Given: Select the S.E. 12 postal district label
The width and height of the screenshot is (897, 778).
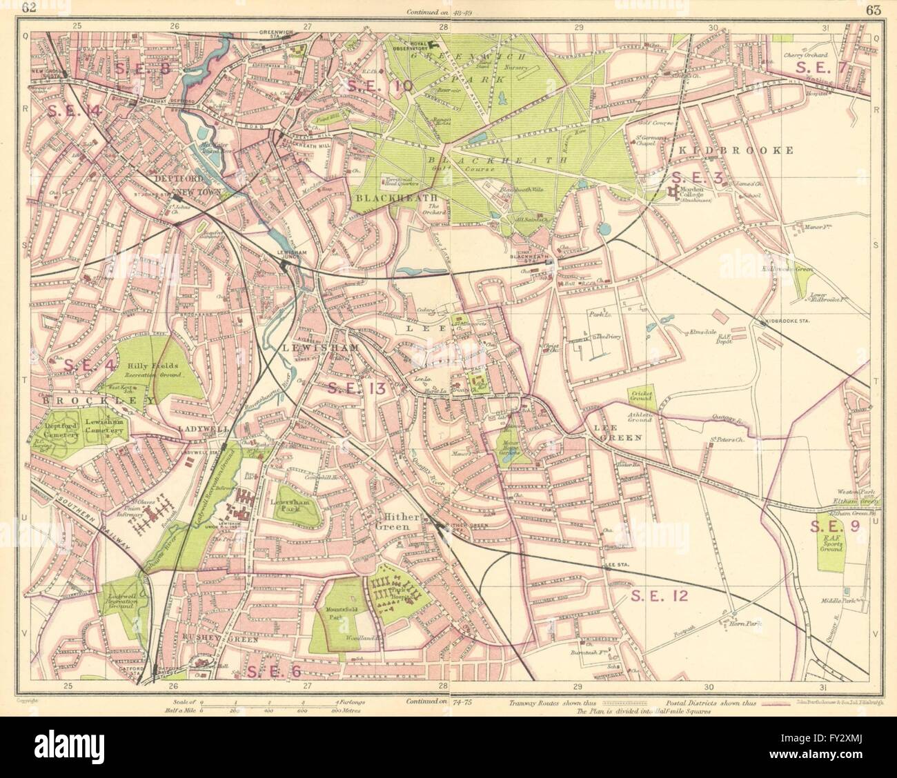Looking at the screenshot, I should (x=660, y=597).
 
